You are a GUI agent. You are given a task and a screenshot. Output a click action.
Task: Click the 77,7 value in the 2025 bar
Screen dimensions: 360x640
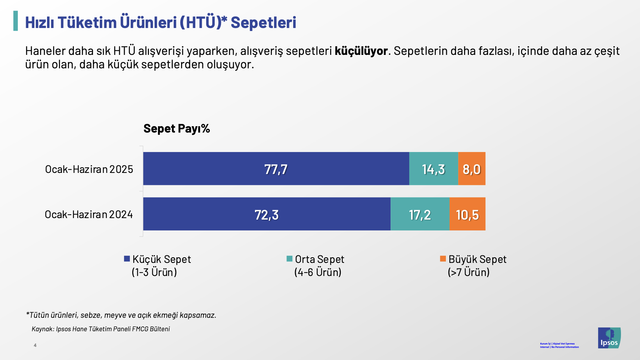point(276,169)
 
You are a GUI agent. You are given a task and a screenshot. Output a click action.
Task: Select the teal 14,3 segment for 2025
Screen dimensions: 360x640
point(434,169)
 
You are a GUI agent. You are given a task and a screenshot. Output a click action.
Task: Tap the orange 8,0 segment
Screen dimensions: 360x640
point(472,169)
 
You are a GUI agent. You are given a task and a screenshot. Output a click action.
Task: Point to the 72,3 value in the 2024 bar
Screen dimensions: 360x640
point(267,215)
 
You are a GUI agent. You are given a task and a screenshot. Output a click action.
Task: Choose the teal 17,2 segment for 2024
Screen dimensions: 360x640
point(420,215)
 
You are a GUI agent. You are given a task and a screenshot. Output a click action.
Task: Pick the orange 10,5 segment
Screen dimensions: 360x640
point(467,215)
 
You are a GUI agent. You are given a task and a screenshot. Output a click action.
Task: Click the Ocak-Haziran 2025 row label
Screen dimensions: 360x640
point(89,169)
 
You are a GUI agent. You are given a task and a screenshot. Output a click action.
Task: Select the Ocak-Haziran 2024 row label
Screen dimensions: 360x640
point(89,214)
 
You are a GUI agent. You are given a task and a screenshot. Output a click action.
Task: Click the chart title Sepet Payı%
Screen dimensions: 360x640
point(177,128)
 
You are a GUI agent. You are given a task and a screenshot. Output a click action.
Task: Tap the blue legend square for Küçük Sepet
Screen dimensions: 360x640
point(127,259)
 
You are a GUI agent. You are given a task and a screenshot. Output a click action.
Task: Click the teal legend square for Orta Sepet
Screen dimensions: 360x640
point(289,259)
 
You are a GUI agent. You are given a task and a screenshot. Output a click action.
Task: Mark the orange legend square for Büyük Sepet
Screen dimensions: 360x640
point(443,259)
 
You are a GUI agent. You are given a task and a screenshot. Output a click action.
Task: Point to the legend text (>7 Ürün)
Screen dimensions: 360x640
point(469,272)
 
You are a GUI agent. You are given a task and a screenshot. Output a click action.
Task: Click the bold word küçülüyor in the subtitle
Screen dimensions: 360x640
point(361,51)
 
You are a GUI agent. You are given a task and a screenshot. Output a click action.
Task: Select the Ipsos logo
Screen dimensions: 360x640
point(609,338)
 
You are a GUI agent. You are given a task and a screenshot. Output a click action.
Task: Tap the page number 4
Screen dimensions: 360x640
point(35,345)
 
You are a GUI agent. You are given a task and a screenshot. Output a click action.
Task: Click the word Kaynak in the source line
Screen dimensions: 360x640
point(43,329)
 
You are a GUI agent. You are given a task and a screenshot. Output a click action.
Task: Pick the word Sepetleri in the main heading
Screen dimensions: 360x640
point(263,22)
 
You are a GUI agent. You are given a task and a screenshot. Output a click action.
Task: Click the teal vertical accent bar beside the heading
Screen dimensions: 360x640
point(16,21)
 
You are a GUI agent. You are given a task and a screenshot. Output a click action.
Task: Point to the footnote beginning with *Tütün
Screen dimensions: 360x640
point(121,315)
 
